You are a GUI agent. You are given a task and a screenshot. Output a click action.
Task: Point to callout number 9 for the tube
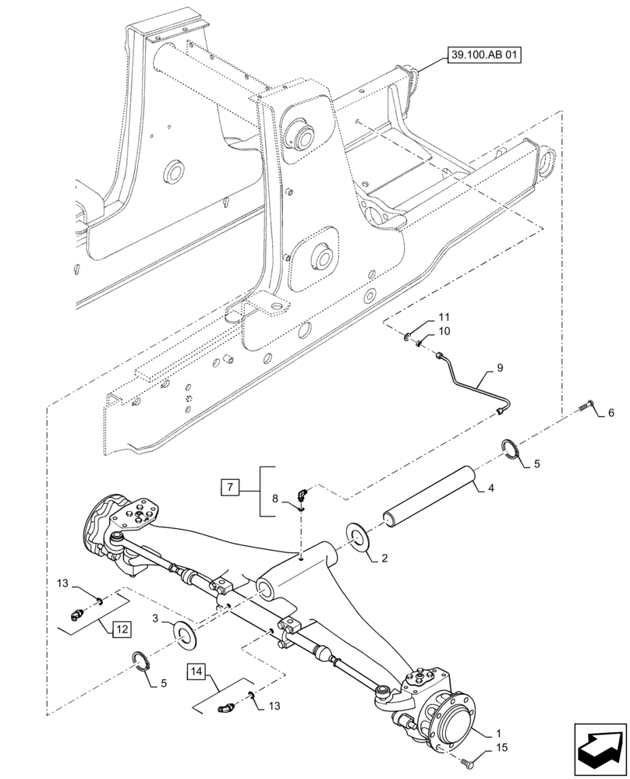(500, 368)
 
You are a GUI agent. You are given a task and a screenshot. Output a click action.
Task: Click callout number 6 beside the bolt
(611, 413)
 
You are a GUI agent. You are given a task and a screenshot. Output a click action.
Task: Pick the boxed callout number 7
(230, 488)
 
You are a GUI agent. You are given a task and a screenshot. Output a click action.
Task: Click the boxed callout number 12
(122, 627)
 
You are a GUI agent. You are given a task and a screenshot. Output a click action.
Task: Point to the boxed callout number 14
(196, 671)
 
